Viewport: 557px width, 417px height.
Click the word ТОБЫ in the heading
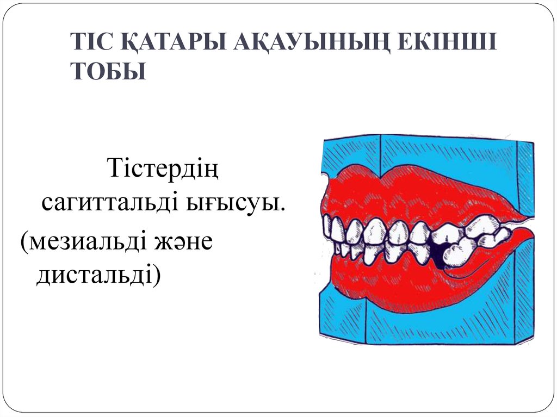coord(109,71)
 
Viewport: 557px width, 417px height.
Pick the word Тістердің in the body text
coord(163,168)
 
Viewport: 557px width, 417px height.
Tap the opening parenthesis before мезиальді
coord(24,242)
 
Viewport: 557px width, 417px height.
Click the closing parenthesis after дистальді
coord(157,276)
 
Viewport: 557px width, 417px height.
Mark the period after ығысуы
coord(283,209)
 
